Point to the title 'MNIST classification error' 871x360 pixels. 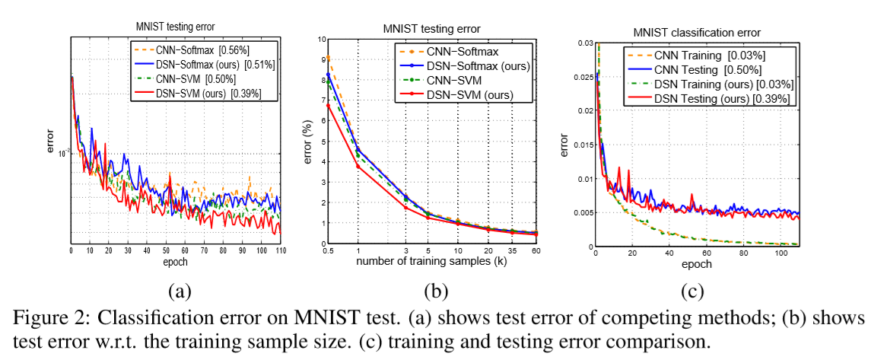click(x=698, y=32)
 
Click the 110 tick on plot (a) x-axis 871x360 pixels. click(x=281, y=250)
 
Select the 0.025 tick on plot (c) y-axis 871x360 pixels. click(x=582, y=77)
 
